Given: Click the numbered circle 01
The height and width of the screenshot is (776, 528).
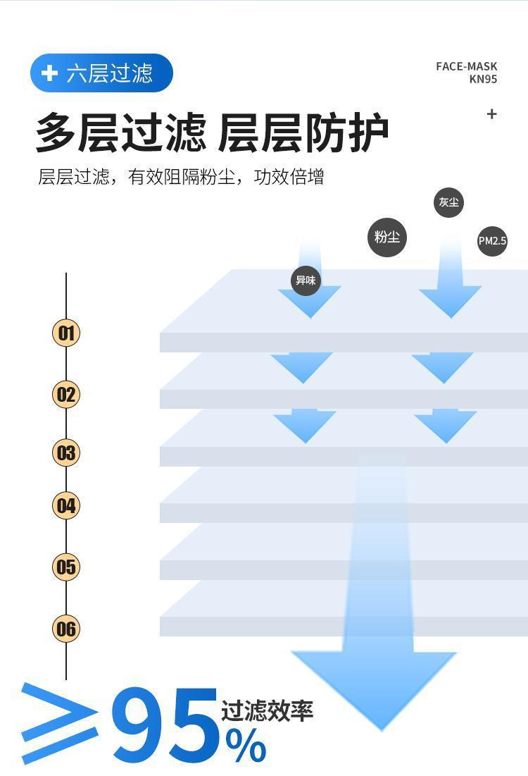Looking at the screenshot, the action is [66, 333].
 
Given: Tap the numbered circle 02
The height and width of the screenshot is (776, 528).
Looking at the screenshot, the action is [66, 394].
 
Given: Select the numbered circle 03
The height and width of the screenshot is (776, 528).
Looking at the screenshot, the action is [66, 452].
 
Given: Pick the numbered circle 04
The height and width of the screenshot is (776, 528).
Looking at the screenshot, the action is [66, 505].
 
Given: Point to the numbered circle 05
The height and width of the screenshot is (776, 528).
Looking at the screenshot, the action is [66, 567].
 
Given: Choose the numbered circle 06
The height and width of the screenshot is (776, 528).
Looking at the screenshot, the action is [66, 628].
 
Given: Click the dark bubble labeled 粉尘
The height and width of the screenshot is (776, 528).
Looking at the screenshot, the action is [387, 237].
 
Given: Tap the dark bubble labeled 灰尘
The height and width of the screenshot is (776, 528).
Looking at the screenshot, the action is [448, 203].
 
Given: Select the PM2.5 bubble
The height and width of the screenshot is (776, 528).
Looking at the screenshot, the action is [492, 241].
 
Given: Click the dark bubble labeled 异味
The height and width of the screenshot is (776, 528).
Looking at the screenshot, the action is [306, 281].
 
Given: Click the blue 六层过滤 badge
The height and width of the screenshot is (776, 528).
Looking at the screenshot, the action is [101, 73].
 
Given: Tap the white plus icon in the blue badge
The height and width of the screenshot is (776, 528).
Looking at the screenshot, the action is [49, 73].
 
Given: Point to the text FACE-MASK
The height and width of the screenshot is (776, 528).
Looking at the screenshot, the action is [466, 67].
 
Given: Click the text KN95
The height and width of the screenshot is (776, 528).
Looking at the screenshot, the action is [483, 79].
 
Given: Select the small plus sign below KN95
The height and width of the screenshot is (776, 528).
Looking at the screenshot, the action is [492, 113].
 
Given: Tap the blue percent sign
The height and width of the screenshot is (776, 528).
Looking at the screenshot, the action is [246, 746].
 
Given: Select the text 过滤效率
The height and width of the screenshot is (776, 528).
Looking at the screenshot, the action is [267, 710].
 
